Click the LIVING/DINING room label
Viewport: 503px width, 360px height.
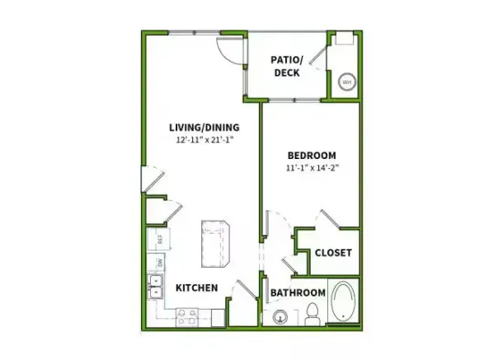204,127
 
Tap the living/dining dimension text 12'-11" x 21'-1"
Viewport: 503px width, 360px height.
204,140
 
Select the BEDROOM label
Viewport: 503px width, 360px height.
311,156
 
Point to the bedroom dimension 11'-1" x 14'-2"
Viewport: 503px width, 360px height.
311,169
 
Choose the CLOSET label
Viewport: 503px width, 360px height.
333,253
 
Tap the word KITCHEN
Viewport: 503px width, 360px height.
195,288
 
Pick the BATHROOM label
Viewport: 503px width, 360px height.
298,292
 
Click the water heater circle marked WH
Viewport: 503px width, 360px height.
347,83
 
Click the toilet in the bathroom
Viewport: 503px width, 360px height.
312,311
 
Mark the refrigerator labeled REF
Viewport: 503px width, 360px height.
153,240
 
